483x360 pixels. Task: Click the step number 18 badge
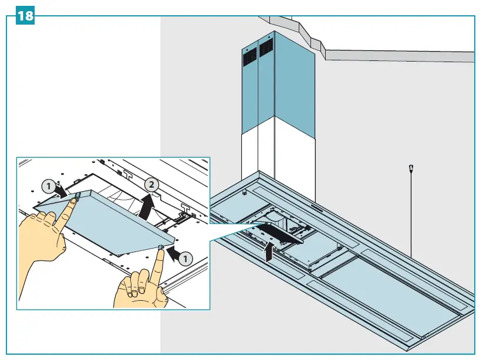pos(25,16)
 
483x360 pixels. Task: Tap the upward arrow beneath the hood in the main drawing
pos(269,253)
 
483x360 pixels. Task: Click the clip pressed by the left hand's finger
pos(77,199)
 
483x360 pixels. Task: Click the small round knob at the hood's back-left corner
pos(244,192)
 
